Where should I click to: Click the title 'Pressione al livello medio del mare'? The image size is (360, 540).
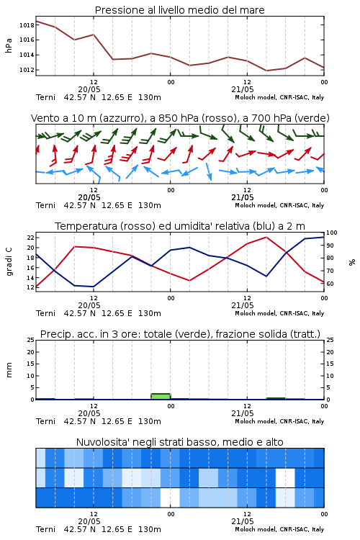pos(179,10)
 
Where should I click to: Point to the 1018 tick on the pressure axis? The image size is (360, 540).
pos(27,25)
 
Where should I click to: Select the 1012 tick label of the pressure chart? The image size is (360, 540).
pos(27,70)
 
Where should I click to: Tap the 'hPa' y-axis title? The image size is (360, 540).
pos(9,45)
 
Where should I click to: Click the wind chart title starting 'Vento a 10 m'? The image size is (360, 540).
pos(180,118)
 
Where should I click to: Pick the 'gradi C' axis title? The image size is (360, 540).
pos(9,261)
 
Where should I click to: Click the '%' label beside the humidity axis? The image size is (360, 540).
pos(352,262)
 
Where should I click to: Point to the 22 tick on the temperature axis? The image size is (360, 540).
pos(30,238)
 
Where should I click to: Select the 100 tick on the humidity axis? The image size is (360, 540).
pos(331,233)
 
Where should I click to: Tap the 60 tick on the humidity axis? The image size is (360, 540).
pos(330,284)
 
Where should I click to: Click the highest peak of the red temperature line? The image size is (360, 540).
pos(266,237)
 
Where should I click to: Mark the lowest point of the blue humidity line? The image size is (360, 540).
pos(94,287)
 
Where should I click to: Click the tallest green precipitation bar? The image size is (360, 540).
pos(161,397)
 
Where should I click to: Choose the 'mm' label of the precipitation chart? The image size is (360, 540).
pos(9,370)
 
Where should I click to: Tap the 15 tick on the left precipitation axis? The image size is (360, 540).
pos(30,364)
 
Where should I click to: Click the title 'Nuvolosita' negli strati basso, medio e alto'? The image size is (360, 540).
pos(179,442)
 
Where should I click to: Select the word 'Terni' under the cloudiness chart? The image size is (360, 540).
pos(45,529)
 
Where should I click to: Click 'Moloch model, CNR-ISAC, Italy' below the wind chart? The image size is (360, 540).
pos(279,205)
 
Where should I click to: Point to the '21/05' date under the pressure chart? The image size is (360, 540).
pos(243,89)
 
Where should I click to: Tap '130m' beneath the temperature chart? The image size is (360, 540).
pos(150,313)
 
